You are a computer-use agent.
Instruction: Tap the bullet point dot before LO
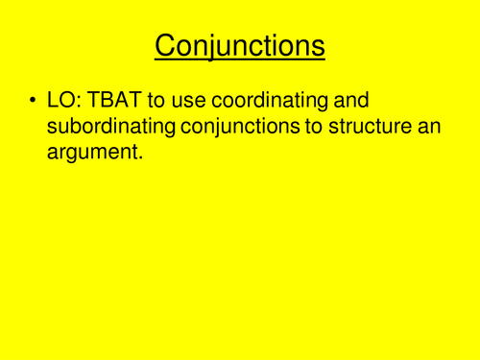click(x=34, y=101)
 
